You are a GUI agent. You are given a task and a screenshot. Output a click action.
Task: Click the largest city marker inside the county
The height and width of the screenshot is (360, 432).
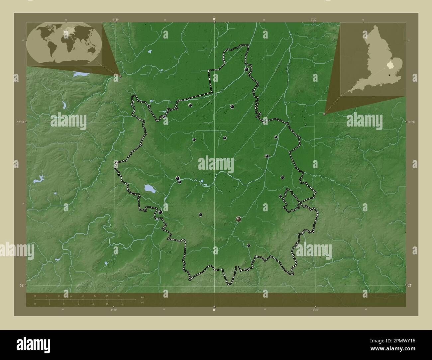pyautogui.click(x=239, y=219)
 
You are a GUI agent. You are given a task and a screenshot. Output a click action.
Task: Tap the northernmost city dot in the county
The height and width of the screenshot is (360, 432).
pyautogui.click(x=247, y=69)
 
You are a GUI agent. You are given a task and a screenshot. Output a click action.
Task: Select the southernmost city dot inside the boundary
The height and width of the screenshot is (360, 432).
pyautogui.click(x=249, y=245)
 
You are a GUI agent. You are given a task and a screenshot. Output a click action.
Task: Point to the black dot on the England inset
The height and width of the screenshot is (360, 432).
pyautogui.click(x=389, y=75)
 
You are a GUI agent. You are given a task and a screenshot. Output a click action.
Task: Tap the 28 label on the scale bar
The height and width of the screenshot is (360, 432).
pyautogui.click(x=119, y=296)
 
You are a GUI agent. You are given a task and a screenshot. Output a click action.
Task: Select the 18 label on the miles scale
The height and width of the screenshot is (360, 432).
pyautogui.click(x=122, y=304)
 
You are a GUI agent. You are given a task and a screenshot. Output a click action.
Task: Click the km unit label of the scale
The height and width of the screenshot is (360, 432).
pyautogui.click(x=142, y=297)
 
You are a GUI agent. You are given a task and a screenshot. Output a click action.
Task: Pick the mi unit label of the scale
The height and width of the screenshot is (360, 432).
pyautogui.click(x=142, y=303)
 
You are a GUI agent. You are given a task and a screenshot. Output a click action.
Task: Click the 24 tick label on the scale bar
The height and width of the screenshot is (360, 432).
pyautogui.click(x=107, y=296)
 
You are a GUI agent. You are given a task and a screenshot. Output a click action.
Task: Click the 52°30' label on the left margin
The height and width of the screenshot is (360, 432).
pyautogui.click(x=21, y=122)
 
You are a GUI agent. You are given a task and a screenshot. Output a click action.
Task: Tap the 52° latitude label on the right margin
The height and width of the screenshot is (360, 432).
pyautogui.click(x=410, y=285)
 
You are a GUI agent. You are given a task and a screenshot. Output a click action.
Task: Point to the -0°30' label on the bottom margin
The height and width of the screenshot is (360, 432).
pyautogui.click(x=114, y=310)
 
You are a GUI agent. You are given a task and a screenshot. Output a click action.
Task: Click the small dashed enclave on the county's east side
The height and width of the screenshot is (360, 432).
pyautogui.click(x=290, y=200)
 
